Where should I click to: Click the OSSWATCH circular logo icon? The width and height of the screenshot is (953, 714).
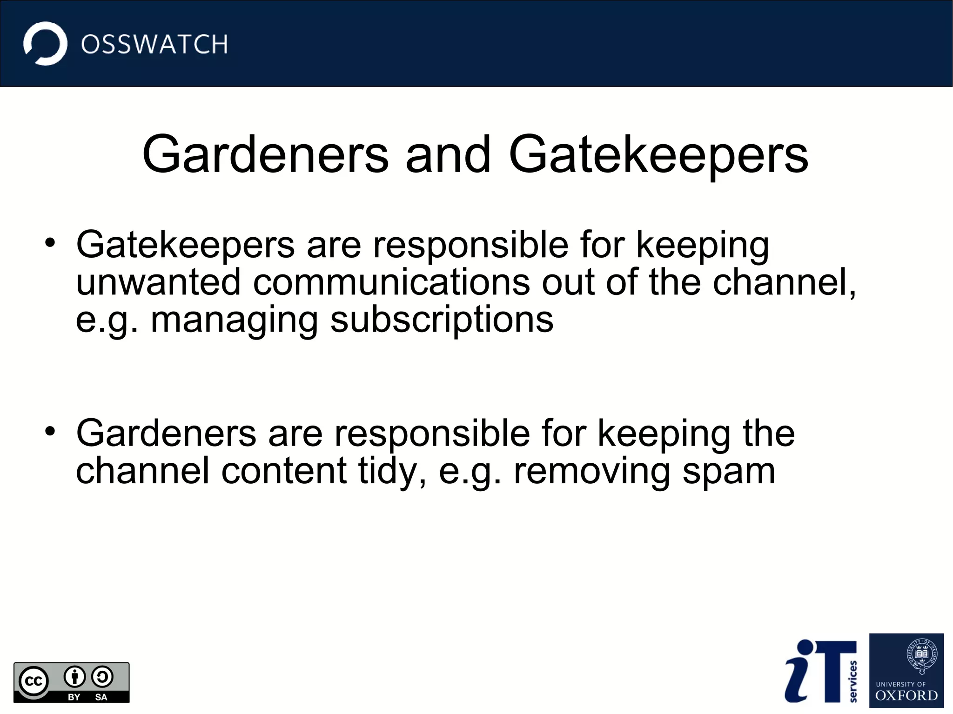pyautogui.click(x=45, y=44)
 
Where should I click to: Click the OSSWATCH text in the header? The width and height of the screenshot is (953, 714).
pyautogui.click(x=154, y=45)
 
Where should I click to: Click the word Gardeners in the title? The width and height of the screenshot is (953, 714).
pyautogui.click(x=265, y=154)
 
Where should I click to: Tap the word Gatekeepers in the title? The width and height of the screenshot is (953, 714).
pyautogui.click(x=658, y=154)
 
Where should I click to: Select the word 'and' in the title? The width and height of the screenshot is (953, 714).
pyautogui.click(x=448, y=154)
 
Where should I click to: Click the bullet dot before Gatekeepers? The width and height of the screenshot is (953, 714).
pyautogui.click(x=50, y=242)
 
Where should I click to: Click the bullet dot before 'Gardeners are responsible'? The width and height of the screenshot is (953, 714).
pyautogui.click(x=50, y=431)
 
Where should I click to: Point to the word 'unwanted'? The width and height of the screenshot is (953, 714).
pyautogui.click(x=158, y=282)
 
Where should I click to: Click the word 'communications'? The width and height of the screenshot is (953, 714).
pyautogui.click(x=391, y=282)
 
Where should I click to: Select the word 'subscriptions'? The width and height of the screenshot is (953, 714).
pyautogui.click(x=442, y=320)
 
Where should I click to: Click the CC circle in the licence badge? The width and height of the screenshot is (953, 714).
pyautogui.click(x=34, y=681)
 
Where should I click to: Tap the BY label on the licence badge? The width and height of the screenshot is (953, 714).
pyautogui.click(x=74, y=697)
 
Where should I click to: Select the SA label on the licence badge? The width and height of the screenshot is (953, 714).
pyautogui.click(x=101, y=697)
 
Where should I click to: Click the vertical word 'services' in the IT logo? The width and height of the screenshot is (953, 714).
pyautogui.click(x=852, y=681)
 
